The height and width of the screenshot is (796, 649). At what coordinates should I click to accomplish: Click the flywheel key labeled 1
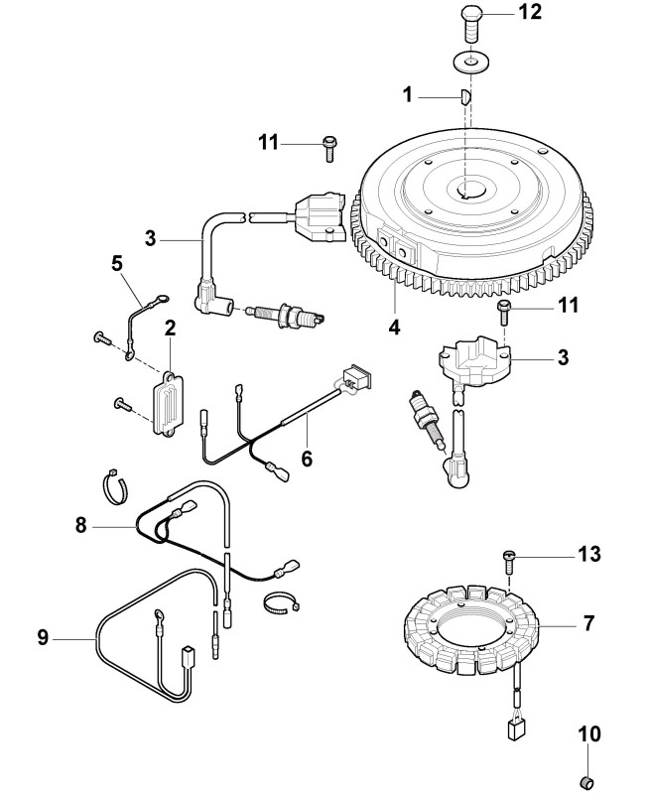464,97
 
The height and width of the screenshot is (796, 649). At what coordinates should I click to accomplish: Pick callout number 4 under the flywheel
393,325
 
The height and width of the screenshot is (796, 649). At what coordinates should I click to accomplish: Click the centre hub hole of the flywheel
467,190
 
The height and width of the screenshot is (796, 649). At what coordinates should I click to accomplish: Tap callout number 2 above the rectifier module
170,327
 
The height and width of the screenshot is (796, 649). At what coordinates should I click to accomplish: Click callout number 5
115,264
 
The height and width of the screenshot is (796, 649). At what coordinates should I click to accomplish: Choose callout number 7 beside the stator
588,623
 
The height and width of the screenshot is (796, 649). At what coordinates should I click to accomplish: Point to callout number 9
43,638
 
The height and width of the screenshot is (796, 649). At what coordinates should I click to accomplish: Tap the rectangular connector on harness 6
355,379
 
